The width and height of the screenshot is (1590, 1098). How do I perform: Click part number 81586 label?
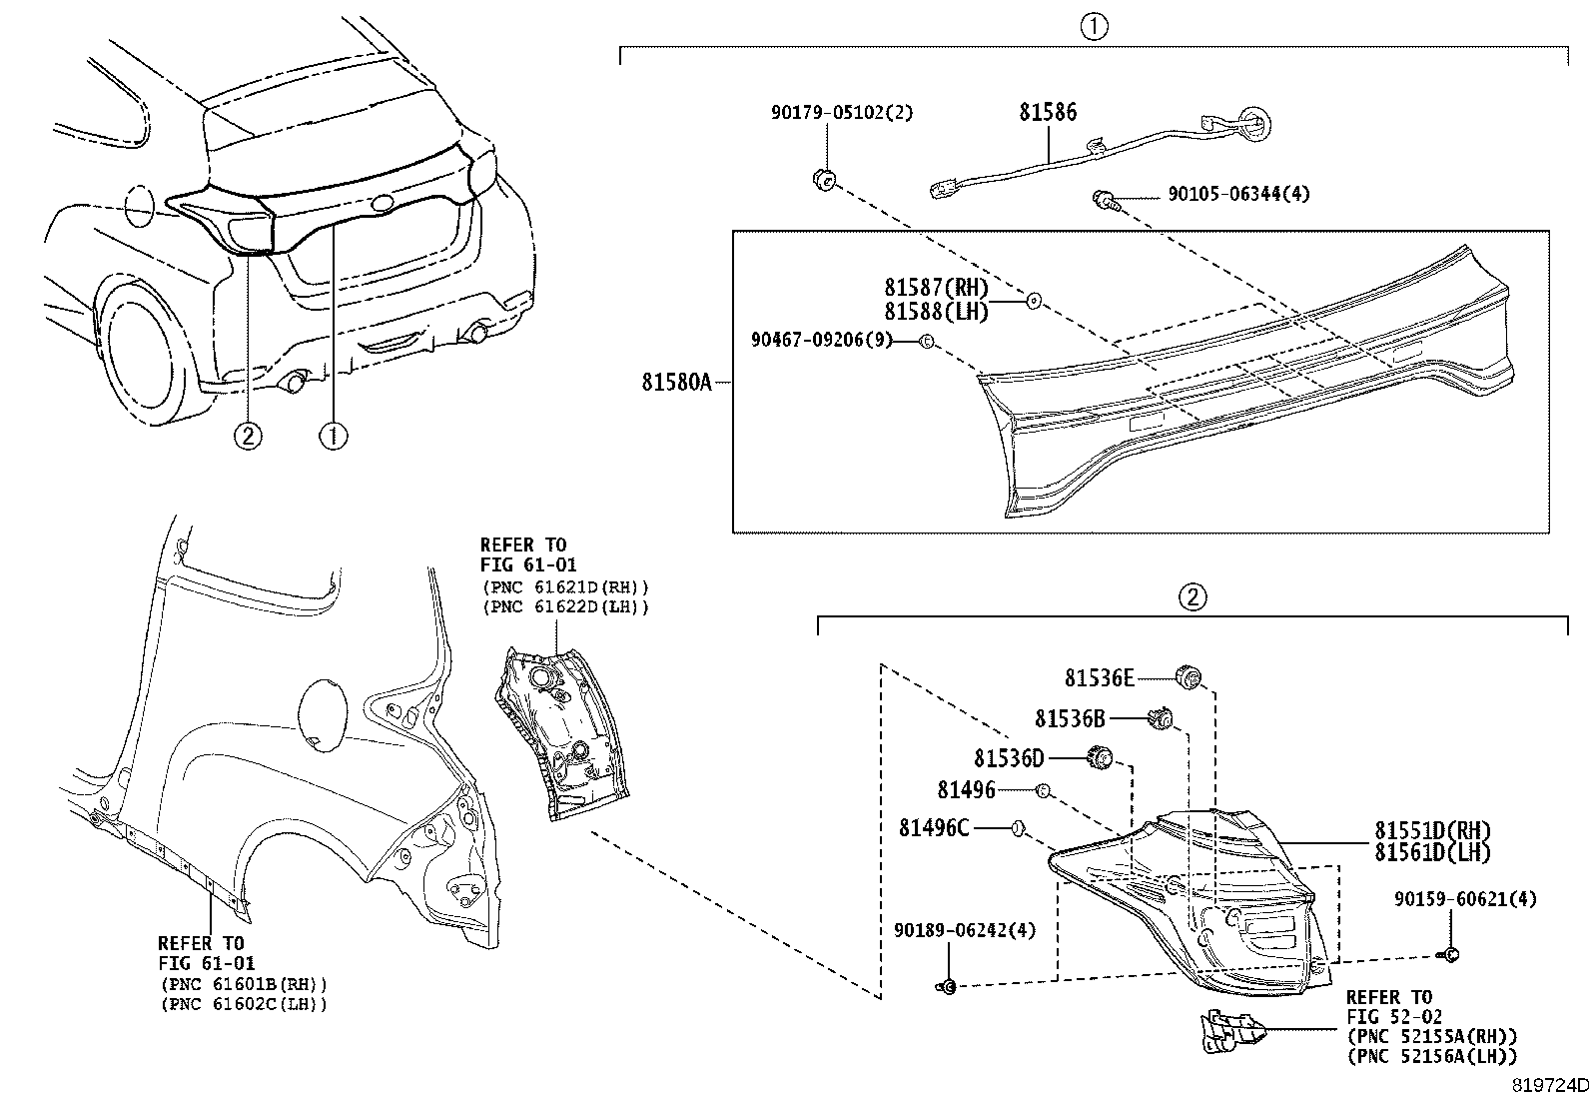(x=1048, y=112)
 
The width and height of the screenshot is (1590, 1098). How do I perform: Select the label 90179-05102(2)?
(x=841, y=113)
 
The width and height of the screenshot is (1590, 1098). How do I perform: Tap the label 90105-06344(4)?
(x=1237, y=194)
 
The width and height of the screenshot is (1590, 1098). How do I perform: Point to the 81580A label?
(x=676, y=382)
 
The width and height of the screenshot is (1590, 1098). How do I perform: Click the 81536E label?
(x=1099, y=678)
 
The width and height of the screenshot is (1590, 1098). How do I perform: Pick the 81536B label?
(x=1070, y=718)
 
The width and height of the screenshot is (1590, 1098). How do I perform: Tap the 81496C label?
(x=933, y=827)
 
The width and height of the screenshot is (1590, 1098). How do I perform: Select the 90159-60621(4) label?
(x=1464, y=900)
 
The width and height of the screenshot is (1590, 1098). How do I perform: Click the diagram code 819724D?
(x=1548, y=1085)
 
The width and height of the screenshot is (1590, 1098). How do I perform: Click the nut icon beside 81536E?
(x=1188, y=676)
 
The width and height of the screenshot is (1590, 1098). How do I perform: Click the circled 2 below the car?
(x=248, y=436)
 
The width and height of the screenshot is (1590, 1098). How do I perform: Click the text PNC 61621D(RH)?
(x=564, y=587)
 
